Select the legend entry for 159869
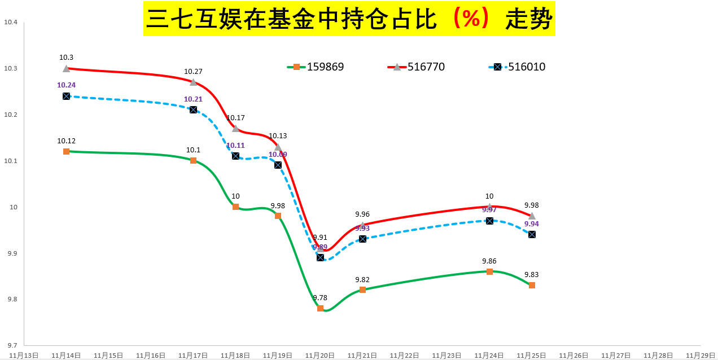click(316, 67)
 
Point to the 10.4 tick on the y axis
click(11, 23)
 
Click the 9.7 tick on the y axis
click(11, 345)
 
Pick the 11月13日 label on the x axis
click(24, 355)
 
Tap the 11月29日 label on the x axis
click(701, 355)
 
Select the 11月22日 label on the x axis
click(405, 355)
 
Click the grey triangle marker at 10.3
click(66, 68)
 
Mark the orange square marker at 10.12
click(66, 151)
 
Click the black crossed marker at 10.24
click(66, 96)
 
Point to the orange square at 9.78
click(320, 309)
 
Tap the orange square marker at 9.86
click(489, 271)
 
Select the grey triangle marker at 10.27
click(193, 82)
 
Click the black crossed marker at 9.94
click(532, 234)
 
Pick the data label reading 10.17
click(235, 118)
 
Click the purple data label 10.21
click(193, 99)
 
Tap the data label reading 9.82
click(362, 280)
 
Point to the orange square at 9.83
click(532, 286)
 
